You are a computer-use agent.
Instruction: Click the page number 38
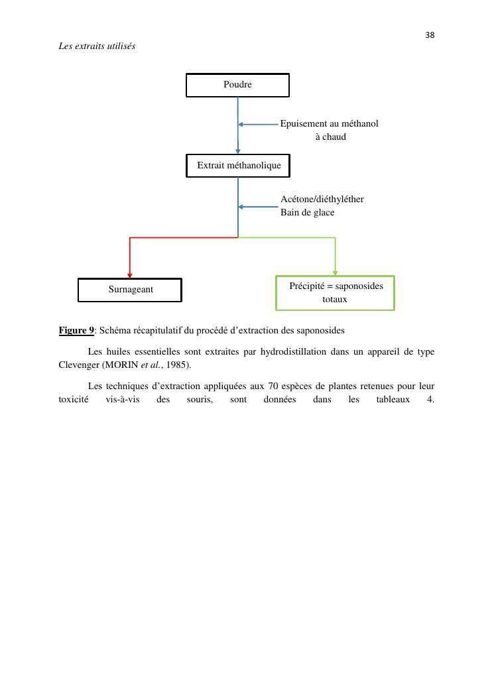(430, 35)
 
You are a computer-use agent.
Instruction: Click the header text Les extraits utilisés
(97, 46)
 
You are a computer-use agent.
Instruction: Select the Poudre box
(237, 85)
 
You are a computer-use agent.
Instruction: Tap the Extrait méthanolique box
(238, 165)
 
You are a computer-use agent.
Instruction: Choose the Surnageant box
(130, 290)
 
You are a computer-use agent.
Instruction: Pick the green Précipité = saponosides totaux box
(335, 292)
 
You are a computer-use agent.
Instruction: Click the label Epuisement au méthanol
(329, 123)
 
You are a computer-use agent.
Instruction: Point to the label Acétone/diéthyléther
(322, 199)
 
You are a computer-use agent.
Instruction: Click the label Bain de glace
(307, 212)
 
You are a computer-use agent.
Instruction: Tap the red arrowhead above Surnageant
(130, 274)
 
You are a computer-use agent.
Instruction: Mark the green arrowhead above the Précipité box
(335, 272)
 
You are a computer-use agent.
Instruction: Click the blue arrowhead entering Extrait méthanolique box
(238, 151)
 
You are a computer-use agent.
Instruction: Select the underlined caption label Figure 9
(76, 330)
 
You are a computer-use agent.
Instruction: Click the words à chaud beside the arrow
(330, 137)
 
